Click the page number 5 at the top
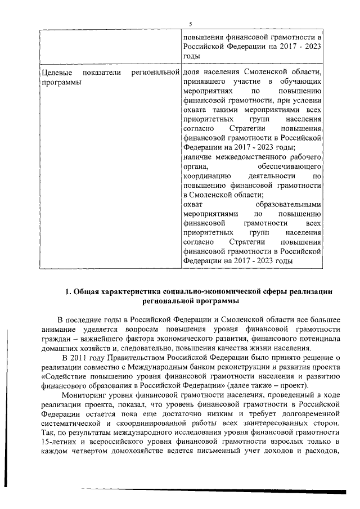[x=190, y=24]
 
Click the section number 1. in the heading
[x=69, y=291]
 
